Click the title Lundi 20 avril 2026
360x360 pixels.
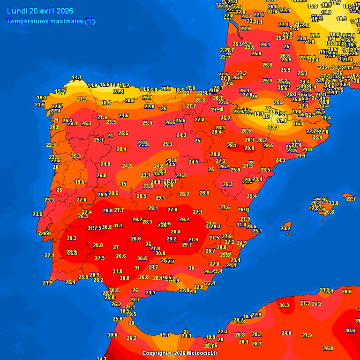pyautogui.click(x=39, y=11)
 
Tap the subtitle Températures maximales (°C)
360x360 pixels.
pyautogui.click(x=51, y=22)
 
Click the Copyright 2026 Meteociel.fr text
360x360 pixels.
pyautogui.click(x=180, y=353)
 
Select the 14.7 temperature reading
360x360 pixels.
pyautogui.click(x=77, y=78)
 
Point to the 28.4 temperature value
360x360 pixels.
pyautogui.click(x=121, y=150)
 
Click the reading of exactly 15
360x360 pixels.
pyautogui.click(x=124, y=184)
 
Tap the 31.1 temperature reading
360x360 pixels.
pyautogui.click(x=118, y=226)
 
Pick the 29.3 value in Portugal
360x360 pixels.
pyautogui.click(x=71, y=238)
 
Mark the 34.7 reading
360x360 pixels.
pyautogui.click(x=102, y=359)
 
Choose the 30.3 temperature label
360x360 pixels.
pyautogui.click(x=284, y=305)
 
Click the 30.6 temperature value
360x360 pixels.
pyautogui.click(x=350, y=330)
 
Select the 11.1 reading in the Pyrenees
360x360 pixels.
pyautogui.click(x=282, y=120)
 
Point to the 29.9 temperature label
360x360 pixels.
pyautogui.click(x=249, y=149)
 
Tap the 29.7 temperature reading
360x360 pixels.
pyautogui.click(x=187, y=245)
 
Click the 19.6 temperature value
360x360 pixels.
pyautogui.click(x=80, y=182)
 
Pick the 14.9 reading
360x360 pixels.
pyautogui.click(x=92, y=86)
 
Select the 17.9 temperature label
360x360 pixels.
pyautogui.click(x=190, y=88)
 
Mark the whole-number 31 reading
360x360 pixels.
pyautogui.click(x=137, y=268)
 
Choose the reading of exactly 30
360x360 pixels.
pyautogui.click(x=191, y=268)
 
